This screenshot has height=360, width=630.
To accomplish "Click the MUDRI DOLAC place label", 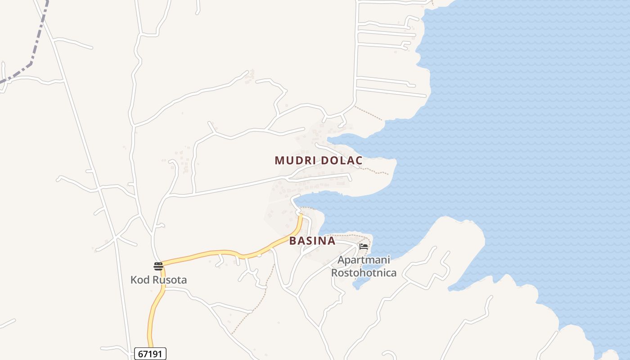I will (x=318, y=160).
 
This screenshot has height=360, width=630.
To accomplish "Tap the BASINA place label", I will (x=312, y=241).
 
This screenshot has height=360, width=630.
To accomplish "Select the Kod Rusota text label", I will (x=158, y=280).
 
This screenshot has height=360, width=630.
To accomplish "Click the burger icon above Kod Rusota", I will (x=158, y=266).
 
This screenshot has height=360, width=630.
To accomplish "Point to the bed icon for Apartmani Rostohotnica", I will (x=364, y=246).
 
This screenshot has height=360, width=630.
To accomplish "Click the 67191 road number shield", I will (x=150, y=354).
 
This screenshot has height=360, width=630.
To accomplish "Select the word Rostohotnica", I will (x=364, y=273).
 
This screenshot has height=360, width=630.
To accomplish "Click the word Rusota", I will (x=169, y=280).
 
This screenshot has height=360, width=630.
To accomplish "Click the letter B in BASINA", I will (x=293, y=241).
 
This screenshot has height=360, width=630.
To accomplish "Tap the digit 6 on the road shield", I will (x=140, y=354).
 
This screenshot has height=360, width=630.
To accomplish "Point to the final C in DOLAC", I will (x=359, y=160).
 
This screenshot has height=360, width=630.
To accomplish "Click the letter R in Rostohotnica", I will (x=335, y=273).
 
